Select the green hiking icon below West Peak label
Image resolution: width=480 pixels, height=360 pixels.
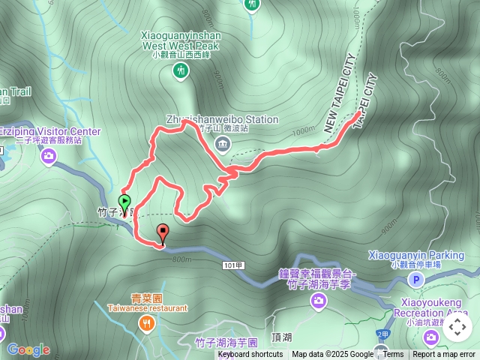tap(180, 70)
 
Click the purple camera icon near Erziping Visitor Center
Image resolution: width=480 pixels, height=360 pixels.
tap(49, 156)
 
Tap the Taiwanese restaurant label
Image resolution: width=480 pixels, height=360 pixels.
tap(147, 307)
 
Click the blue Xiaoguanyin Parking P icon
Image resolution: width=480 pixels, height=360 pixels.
tap(415, 280)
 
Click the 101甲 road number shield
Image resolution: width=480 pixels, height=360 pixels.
tap(233, 265)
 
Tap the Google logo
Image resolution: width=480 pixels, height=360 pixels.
tap(28, 349)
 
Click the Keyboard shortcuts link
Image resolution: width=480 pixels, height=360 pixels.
tap(250, 355)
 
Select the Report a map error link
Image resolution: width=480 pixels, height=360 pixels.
tap(443, 355)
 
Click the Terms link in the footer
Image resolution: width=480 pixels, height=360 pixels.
tap(393, 355)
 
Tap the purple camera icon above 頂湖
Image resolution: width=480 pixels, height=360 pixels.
tap(319, 301)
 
